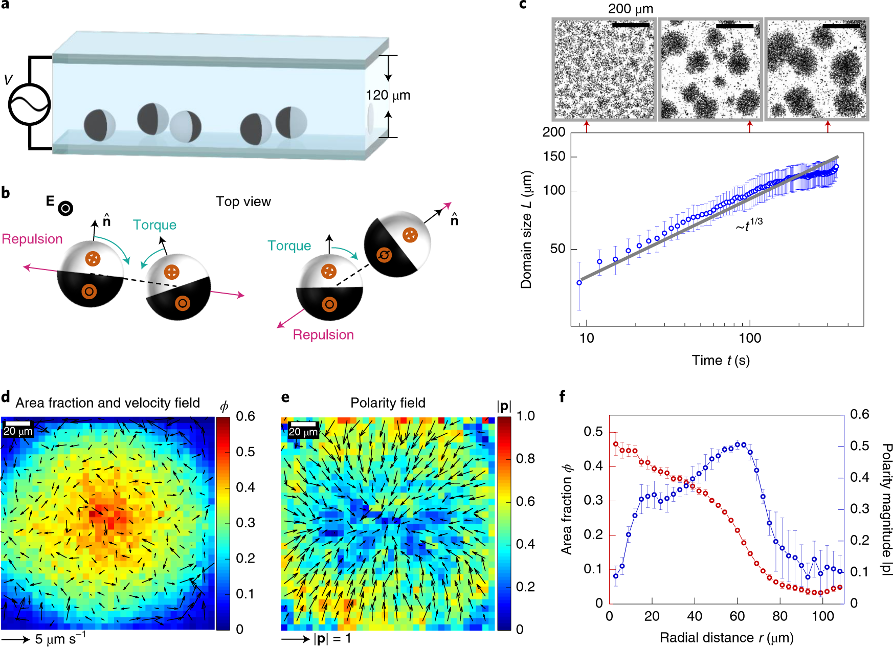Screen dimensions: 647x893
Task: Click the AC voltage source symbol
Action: pyautogui.click(x=29, y=104)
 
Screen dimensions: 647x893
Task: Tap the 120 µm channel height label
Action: pyautogui.click(x=388, y=96)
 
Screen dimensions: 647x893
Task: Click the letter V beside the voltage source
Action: pyautogui.click(x=8, y=80)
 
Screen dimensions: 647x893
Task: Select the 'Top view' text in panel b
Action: pyautogui.click(x=243, y=202)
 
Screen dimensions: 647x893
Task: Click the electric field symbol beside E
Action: pyautogui.click(x=65, y=208)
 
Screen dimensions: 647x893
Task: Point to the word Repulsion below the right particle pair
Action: pyautogui.click(x=323, y=335)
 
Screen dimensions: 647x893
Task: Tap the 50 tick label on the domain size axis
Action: pyautogui.click(x=557, y=249)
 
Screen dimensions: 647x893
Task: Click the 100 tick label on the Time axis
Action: pyautogui.click(x=750, y=338)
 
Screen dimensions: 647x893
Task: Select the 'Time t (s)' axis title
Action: pyautogui.click(x=721, y=361)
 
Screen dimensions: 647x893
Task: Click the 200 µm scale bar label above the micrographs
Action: pyautogui.click(x=630, y=9)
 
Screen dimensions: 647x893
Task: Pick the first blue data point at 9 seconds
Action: pyautogui.click(x=579, y=283)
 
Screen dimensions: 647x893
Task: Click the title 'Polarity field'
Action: pyautogui.click(x=388, y=403)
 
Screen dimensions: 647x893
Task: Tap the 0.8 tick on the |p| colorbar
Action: pyautogui.click(x=525, y=459)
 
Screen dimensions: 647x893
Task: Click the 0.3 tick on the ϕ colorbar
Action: pyautogui.click(x=245, y=523)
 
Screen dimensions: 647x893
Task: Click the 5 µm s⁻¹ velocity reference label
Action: pyautogui.click(x=60, y=639)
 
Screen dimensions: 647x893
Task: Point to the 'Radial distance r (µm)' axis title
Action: pyautogui.click(x=726, y=638)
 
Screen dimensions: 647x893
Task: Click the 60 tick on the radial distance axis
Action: pyautogui.click(x=737, y=616)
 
